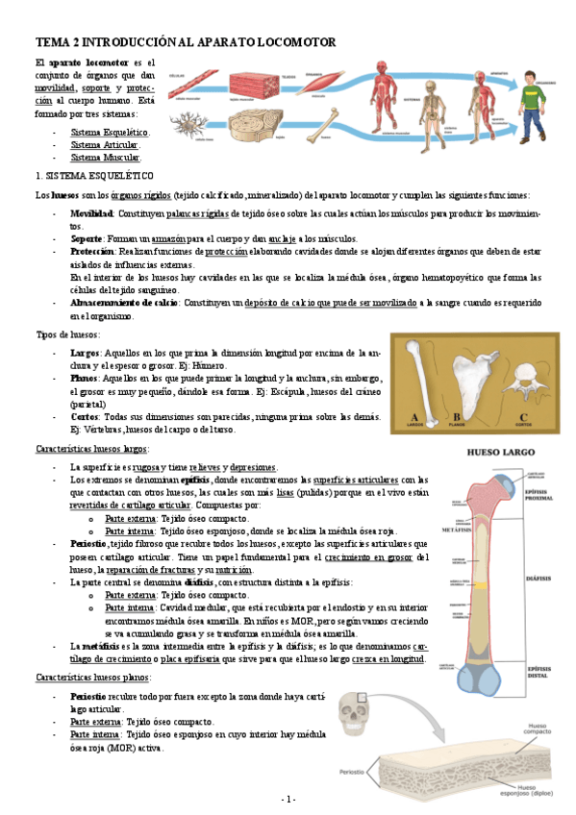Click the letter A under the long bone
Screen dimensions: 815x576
pyautogui.click(x=414, y=415)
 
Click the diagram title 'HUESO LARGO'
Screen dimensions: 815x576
pyautogui.click(x=493, y=450)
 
